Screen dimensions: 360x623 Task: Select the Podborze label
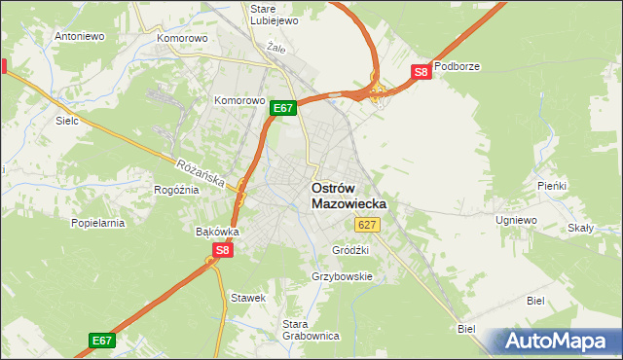(458, 67)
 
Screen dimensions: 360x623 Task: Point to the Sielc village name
(67, 122)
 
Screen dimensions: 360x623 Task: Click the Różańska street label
(202, 173)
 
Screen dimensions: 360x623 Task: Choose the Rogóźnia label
(176, 190)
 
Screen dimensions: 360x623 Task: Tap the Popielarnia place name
(97, 223)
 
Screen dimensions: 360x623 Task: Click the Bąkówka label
(217, 232)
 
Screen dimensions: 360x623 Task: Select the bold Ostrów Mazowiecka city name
(348, 196)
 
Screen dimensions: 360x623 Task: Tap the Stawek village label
(247, 297)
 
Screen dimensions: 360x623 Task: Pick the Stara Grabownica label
(310, 330)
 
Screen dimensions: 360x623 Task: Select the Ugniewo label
(516, 221)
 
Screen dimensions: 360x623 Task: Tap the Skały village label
(582, 229)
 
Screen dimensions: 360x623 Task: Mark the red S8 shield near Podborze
(421, 71)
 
